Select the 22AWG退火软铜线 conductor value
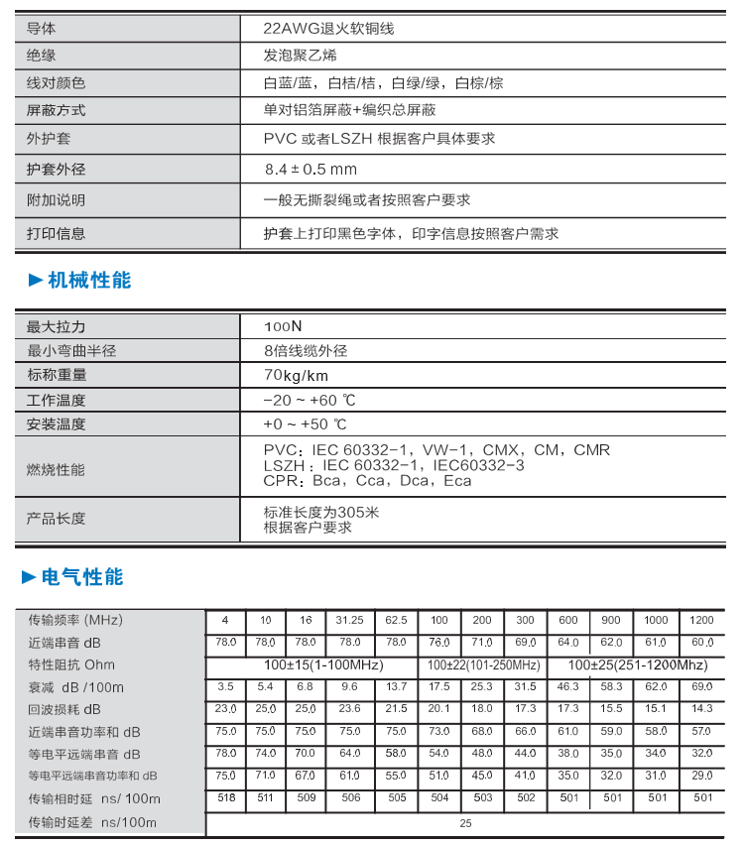pyautogui.click(x=328, y=29)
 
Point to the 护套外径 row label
pyautogui.click(x=56, y=170)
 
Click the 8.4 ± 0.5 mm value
pyautogui.click(x=311, y=170)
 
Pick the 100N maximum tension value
pyautogui.click(x=283, y=326)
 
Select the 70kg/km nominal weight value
pyautogui.click(x=296, y=375)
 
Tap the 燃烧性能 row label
pyautogui.click(x=56, y=469)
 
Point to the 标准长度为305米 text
pyautogui.click(x=321, y=513)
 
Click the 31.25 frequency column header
pyautogui.click(x=349, y=620)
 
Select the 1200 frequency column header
pyautogui.click(x=701, y=620)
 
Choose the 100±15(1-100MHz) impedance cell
pyautogui.click(x=323, y=664)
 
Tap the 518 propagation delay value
pyautogui.click(x=225, y=797)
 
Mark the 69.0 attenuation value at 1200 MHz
pyautogui.click(x=701, y=686)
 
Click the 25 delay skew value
pyautogui.click(x=466, y=823)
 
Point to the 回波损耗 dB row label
pyautogui.click(x=64, y=710)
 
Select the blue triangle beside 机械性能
pyautogui.click(x=35, y=281)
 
